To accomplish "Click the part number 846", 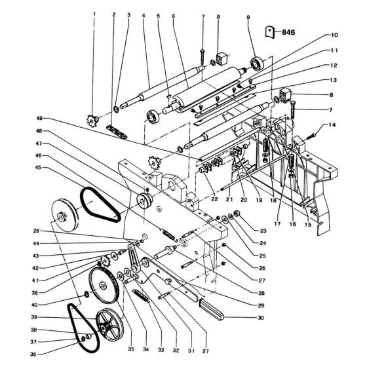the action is (288, 32).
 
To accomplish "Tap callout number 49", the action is (39, 119).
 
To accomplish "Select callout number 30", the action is (261, 318).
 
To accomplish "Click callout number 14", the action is (332, 125).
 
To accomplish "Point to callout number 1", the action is (94, 14).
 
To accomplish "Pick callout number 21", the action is (229, 199).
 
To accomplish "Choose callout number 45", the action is (38, 167).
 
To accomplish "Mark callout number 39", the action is (34, 317).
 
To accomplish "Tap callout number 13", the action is (334, 80).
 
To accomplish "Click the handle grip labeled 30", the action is (211, 309).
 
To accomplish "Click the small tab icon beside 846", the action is (269, 32).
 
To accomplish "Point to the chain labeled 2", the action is (117, 132).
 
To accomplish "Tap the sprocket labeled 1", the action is (92, 121).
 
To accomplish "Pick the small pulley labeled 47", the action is (144, 201).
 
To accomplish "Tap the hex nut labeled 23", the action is (237, 213).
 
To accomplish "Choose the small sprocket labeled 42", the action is (105, 260).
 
